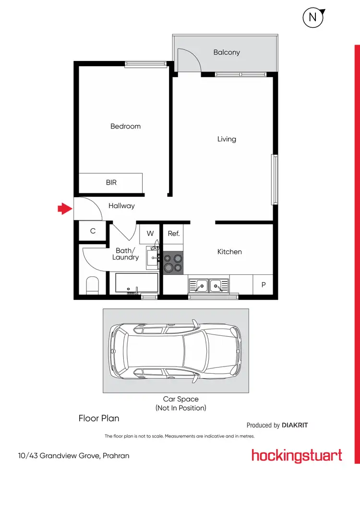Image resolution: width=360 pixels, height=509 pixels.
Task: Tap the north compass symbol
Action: tap(312, 18)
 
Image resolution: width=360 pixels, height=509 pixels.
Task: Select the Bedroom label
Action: tap(125, 126)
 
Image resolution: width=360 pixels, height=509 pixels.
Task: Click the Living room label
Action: tap(227, 139)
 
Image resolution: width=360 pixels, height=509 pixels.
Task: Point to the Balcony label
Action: tap(227, 52)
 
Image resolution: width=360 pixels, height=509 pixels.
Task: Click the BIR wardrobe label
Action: tap(111, 183)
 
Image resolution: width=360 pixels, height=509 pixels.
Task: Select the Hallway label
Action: tap(121, 206)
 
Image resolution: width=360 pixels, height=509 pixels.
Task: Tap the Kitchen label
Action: tap(229, 251)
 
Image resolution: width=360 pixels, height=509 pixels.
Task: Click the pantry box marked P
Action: tap(263, 284)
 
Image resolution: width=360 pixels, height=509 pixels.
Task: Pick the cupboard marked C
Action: tap(93, 231)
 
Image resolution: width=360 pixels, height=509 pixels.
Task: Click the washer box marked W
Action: tap(150, 234)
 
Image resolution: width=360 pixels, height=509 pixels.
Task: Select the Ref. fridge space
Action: tap(174, 234)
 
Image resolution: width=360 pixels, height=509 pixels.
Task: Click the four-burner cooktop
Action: tap(173, 263)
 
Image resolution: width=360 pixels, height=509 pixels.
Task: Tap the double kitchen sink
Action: tap(209, 286)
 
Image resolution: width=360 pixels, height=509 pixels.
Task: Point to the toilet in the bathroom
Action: tap(92, 286)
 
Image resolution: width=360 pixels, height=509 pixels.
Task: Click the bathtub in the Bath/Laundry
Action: tap(136, 283)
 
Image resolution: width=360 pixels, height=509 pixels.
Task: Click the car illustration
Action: tap(176, 351)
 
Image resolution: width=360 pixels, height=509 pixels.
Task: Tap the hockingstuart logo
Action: tap(297, 455)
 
